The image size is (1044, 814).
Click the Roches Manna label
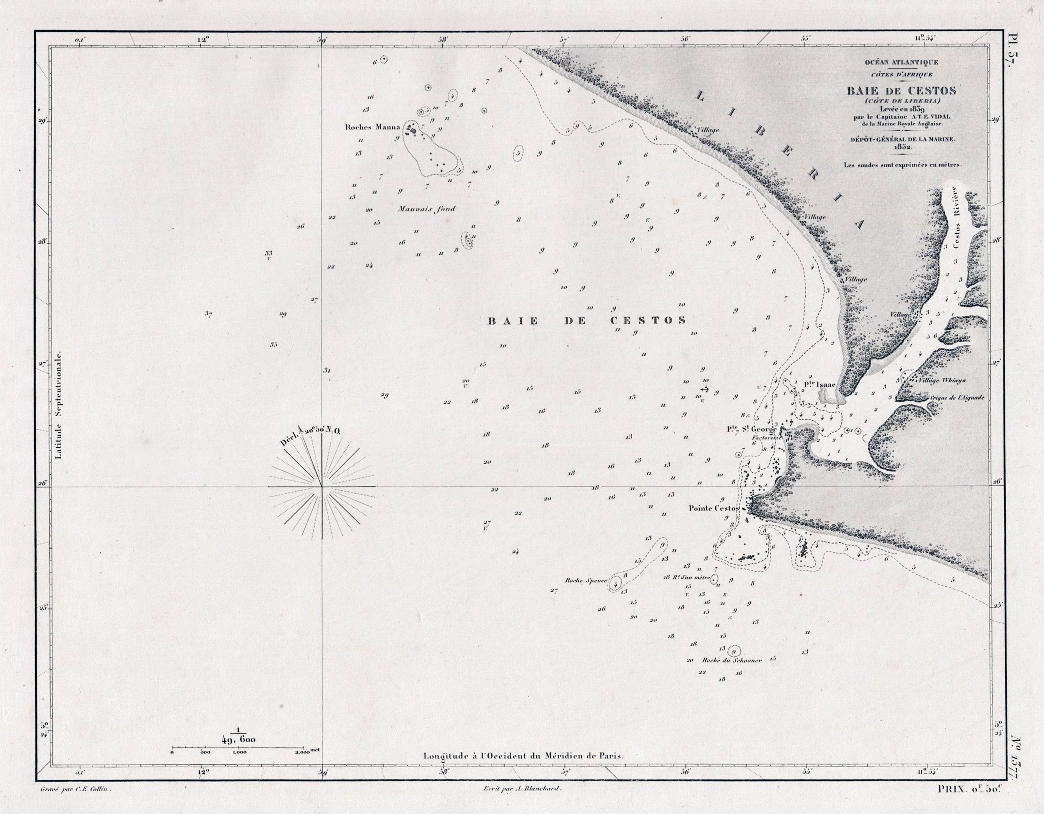pos(372,128)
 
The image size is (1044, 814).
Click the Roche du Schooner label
pos(731,661)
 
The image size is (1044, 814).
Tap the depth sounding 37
pos(208,314)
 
